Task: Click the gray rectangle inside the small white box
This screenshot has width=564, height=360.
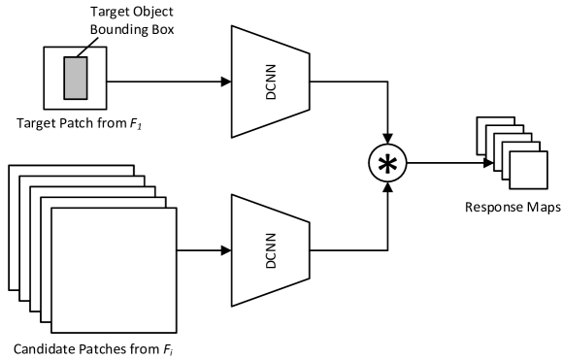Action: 76,79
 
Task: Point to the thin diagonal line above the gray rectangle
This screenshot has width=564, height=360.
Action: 83,52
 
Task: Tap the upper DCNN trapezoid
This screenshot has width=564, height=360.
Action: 270,82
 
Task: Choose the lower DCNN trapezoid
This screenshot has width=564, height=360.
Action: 270,250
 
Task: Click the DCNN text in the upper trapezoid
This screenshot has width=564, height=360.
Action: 271,82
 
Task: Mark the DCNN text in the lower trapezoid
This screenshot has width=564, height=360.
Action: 271,250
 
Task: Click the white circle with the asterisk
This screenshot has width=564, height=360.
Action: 387,164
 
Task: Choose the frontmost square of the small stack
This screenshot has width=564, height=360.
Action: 528,170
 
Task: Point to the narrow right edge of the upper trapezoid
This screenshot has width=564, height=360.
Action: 307,82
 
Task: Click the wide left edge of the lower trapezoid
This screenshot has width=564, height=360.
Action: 234,250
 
